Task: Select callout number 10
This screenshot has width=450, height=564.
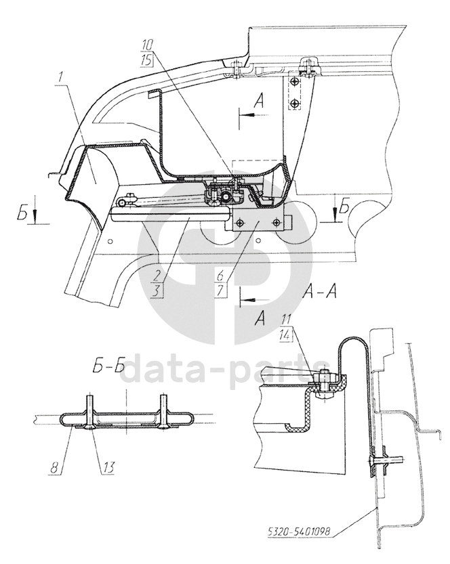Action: point(148,45)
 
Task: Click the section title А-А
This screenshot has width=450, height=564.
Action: point(316,292)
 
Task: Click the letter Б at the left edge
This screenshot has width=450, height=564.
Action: point(24,215)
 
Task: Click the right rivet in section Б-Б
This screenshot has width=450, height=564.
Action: point(163,413)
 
